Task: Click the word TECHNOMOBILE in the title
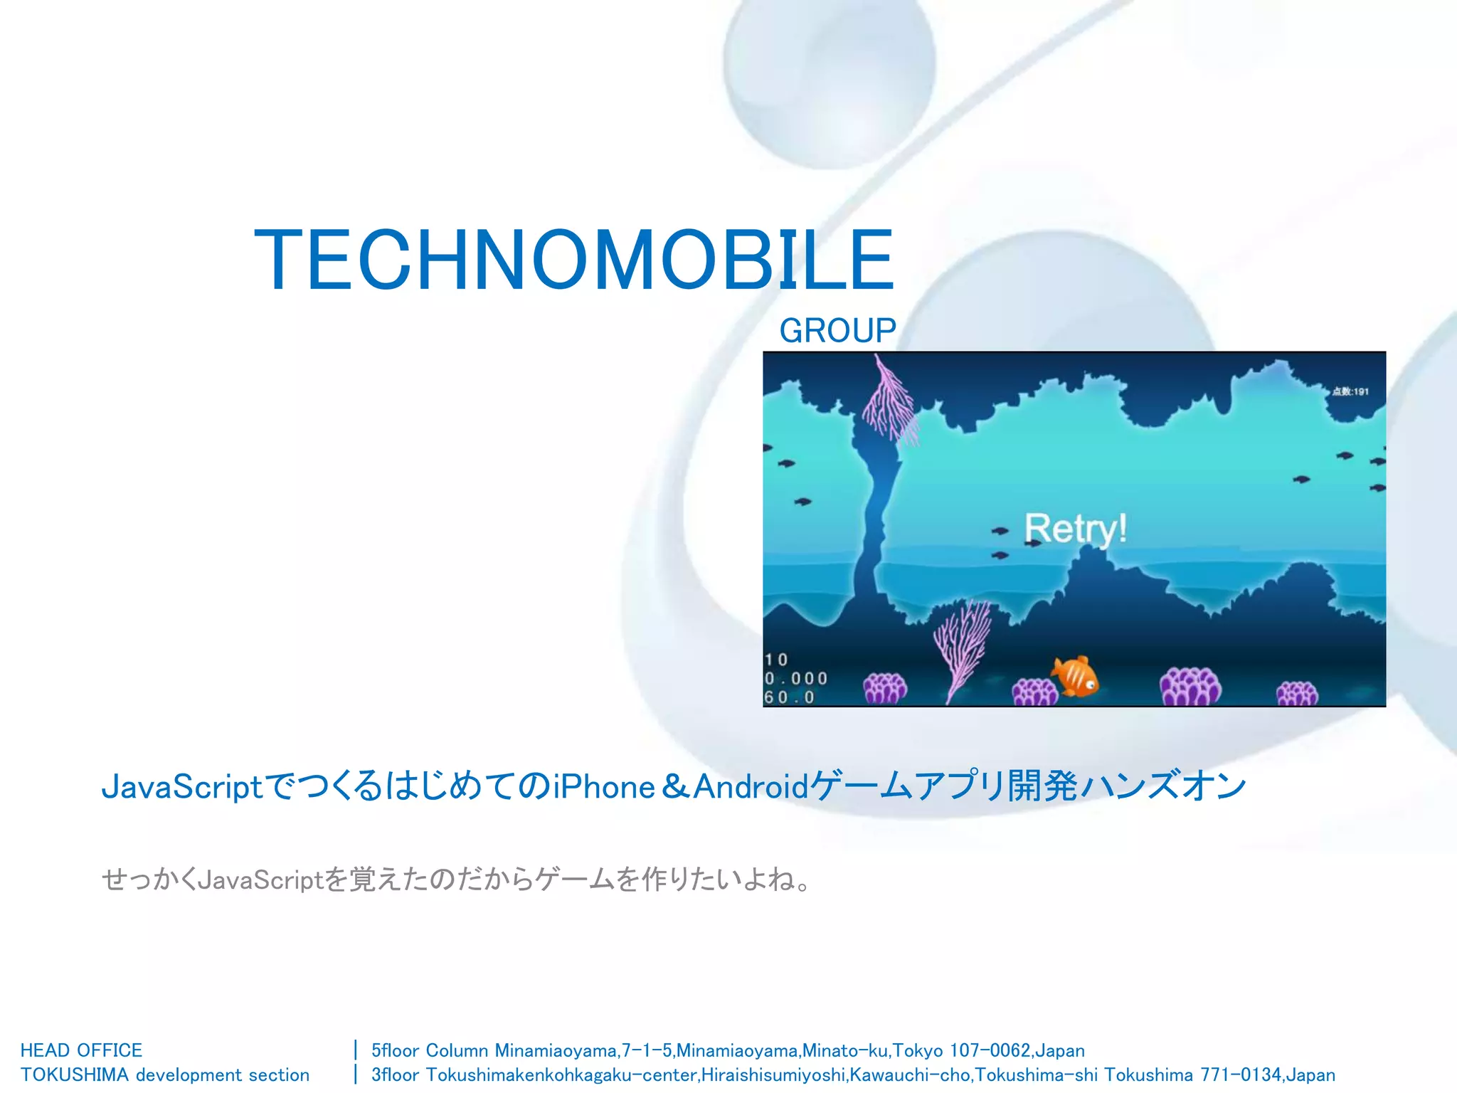573,260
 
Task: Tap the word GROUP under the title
837,331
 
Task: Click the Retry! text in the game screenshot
1075,529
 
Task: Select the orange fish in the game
1076,676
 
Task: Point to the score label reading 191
1351,391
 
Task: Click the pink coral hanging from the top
889,402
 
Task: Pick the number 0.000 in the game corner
796,679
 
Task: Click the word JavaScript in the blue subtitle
183,787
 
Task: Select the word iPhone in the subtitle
604,787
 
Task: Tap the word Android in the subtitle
751,787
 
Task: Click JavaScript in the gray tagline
260,881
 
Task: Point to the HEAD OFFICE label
81,1050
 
